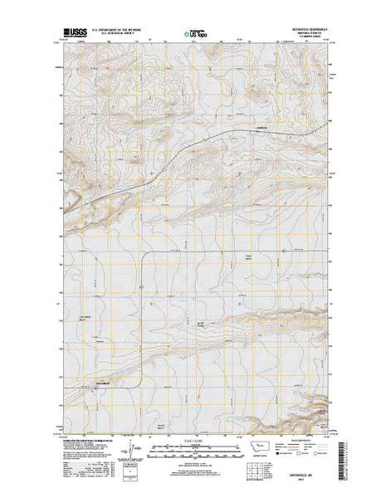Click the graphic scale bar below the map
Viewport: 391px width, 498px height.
click(x=196, y=448)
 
